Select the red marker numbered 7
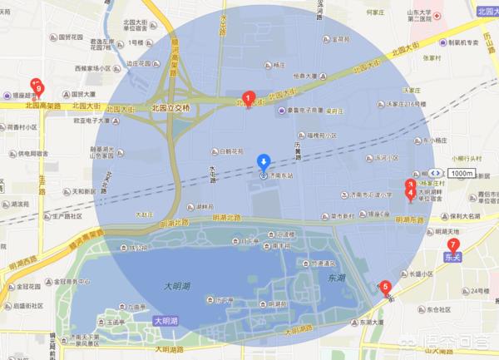tap(452, 244)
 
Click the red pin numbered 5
tap(385, 288)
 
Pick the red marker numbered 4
tap(410, 194)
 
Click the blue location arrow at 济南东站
tap(263, 160)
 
